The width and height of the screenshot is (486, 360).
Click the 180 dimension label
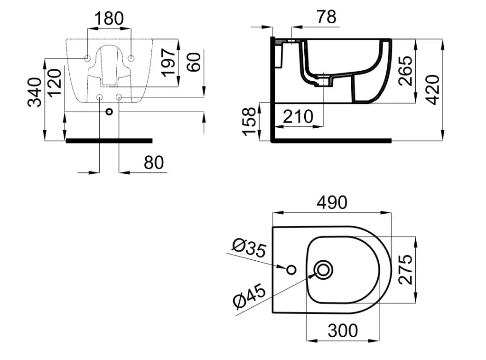click(109, 19)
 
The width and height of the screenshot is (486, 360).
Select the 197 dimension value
click(169, 62)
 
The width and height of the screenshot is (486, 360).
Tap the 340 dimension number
click(34, 93)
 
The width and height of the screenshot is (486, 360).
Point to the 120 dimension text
click(55, 83)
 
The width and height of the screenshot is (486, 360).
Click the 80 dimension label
click(154, 162)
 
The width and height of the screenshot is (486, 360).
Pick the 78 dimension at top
click(327, 17)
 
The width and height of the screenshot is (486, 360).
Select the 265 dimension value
click(406, 71)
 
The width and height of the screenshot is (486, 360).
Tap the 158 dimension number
click(249, 121)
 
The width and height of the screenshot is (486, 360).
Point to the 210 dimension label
click(298, 117)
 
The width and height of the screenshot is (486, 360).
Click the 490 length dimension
click(332, 203)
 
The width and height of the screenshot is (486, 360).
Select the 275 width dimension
click(406, 269)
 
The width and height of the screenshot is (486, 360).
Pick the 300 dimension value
click(343, 331)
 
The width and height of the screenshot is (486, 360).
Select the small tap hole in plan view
click(291, 270)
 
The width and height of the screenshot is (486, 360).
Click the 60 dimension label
click(195, 62)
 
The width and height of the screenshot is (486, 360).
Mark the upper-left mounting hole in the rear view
click(87, 58)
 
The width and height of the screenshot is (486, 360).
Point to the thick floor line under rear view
click(109, 141)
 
